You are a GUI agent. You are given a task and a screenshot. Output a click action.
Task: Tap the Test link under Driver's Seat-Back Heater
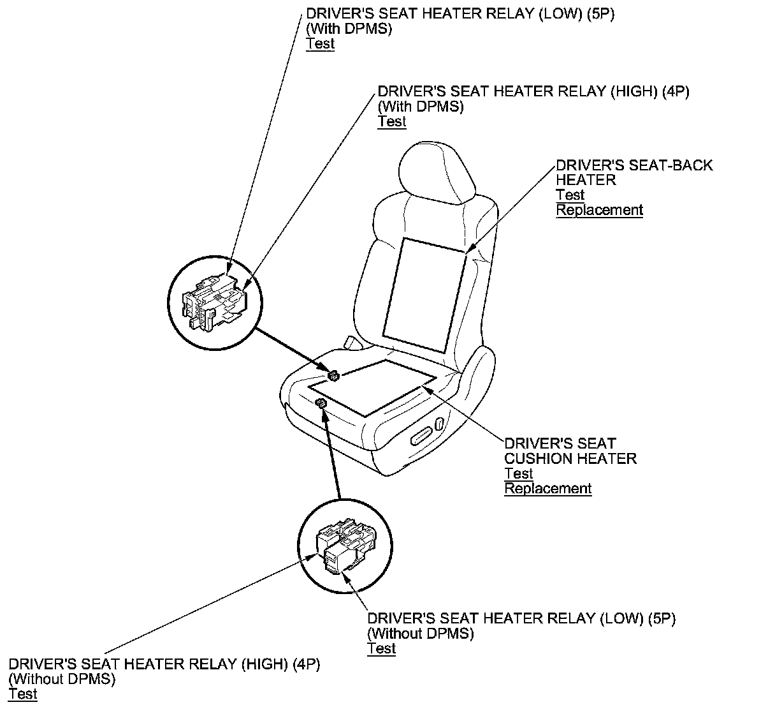tap(570, 195)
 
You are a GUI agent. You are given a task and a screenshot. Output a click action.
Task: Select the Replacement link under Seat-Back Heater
tap(599, 210)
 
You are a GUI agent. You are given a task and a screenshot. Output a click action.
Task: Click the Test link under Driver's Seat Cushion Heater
tap(519, 473)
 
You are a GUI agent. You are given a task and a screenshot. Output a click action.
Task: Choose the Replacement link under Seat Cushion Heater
tap(548, 489)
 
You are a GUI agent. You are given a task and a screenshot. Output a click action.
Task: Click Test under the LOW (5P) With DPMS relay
tap(320, 44)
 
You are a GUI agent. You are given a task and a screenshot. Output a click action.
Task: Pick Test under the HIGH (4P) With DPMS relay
tap(392, 121)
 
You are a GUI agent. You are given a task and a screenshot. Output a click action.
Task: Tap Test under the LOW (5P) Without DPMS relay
tap(381, 648)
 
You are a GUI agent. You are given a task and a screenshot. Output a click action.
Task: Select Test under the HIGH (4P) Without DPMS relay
tap(23, 694)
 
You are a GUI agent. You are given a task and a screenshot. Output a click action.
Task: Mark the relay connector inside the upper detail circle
tap(214, 300)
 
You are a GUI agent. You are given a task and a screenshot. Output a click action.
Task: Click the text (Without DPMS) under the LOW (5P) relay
tap(421, 634)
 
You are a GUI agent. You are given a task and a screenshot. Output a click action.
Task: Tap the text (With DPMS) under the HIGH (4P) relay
tap(421, 107)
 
